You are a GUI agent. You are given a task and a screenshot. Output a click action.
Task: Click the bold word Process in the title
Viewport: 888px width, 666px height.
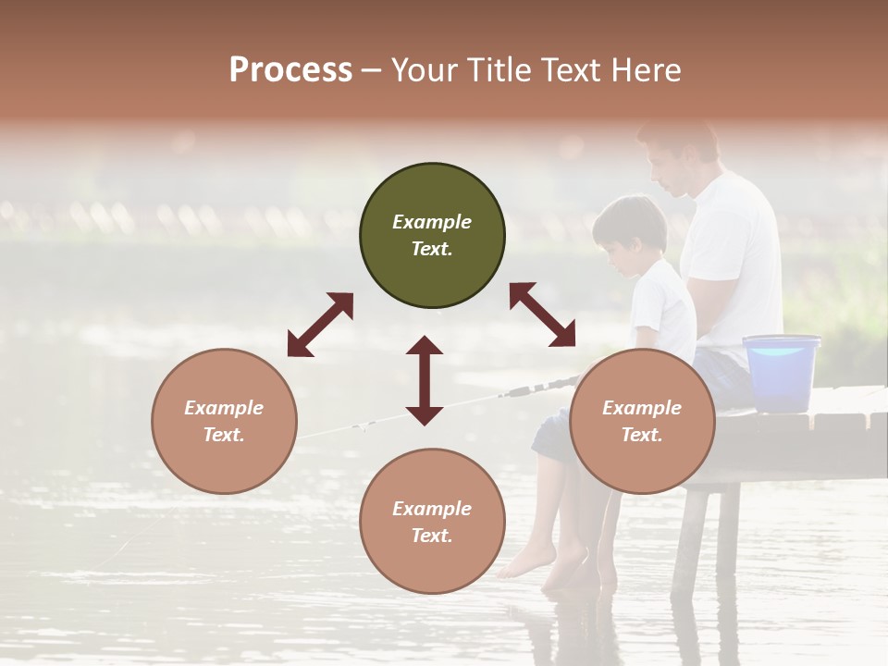(290, 70)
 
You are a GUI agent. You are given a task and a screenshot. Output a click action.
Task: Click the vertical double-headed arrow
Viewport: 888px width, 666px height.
(425, 380)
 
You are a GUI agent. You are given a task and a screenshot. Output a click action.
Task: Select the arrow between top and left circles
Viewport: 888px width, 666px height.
(320, 325)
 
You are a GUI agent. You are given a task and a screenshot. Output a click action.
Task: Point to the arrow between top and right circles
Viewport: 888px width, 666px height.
(542, 314)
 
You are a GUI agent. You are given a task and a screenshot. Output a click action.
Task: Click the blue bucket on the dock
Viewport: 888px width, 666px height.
(782, 372)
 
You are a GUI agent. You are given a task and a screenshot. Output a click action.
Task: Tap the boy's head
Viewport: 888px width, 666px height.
(631, 231)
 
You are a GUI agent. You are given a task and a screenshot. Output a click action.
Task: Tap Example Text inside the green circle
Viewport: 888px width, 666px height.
(432, 235)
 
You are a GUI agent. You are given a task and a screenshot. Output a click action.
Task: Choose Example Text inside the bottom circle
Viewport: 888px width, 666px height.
(432, 522)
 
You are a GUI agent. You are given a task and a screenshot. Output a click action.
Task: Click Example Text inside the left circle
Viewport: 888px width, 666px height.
(224, 421)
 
